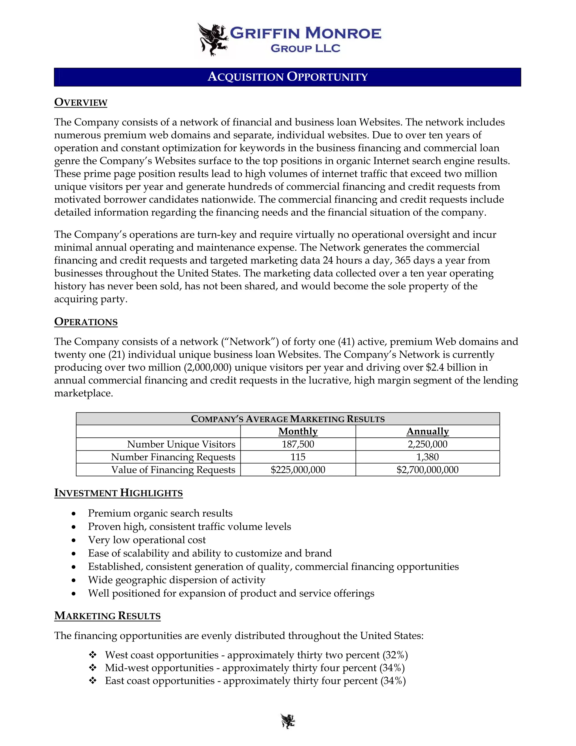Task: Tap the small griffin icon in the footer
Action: pos(288,721)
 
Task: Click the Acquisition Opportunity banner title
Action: pos(287,77)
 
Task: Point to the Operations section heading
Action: pos(86,322)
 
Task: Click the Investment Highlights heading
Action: pos(118,493)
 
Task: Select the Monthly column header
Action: pos(298,431)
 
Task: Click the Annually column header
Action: pos(427,431)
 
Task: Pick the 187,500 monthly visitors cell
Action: pos(298,444)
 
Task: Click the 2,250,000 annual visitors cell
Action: pos(427,444)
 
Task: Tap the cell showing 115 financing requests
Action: pos(298,457)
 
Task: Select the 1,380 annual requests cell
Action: pos(427,457)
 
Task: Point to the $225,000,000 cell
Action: pos(298,470)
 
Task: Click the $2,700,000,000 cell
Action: pos(427,470)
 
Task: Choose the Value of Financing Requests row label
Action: pos(173,470)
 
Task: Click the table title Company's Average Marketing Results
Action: pos(288,419)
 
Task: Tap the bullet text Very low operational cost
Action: pos(147,540)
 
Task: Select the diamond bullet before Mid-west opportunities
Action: pos(93,667)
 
